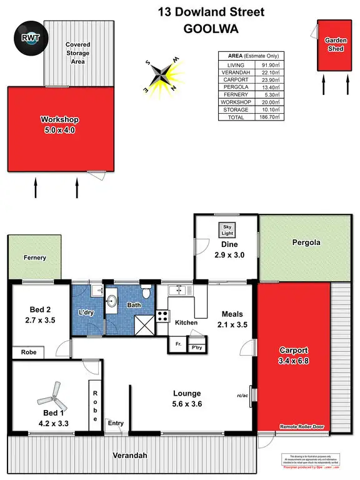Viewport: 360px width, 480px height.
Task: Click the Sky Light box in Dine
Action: coord(224,228)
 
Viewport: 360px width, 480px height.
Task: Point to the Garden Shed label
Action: coord(335,43)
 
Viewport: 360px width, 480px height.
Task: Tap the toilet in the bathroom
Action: coord(146,292)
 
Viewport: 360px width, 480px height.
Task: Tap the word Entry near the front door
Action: coord(116,423)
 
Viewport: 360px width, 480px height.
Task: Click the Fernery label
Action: coord(35,257)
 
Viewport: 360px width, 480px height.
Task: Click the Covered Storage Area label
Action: coord(78,53)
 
